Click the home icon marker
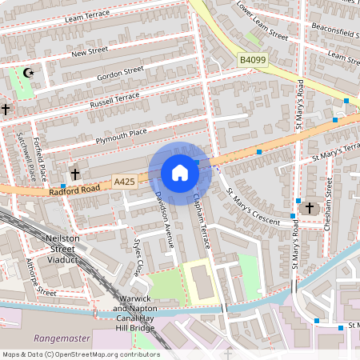pos(180,172)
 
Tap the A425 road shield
pos(124,182)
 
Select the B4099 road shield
pos(250,58)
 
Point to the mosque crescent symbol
pos(30,73)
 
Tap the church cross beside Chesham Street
pos(307,208)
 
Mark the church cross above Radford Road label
pos(75,174)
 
